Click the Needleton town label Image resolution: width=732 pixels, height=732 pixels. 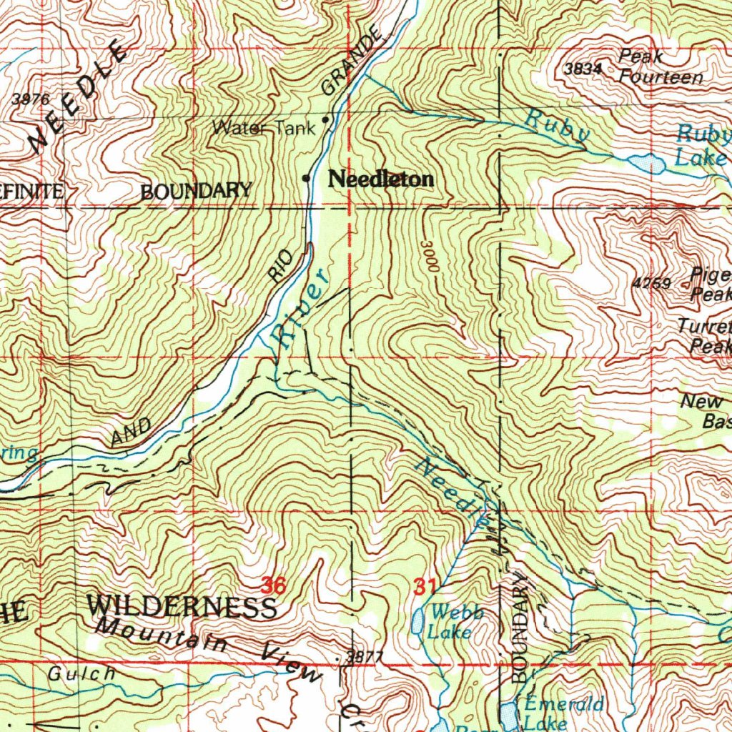380,179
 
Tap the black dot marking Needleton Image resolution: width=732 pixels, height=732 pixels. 307,178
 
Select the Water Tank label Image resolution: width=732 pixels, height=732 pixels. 263,129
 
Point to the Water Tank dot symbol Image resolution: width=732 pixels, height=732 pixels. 327,120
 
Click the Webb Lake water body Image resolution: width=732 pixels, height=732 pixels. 417,621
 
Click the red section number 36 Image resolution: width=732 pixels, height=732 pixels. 273,586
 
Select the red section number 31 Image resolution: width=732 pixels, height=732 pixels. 425,587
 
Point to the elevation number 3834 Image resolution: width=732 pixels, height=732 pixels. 582,69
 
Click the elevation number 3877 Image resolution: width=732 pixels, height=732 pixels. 365,657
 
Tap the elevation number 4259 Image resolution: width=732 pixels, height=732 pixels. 651,283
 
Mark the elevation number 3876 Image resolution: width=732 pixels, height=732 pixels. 31,99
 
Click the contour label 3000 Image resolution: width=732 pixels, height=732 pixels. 429,255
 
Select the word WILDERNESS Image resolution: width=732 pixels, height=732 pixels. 182,607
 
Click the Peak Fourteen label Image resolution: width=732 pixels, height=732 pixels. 661,67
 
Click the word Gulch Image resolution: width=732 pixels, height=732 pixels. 81,673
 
